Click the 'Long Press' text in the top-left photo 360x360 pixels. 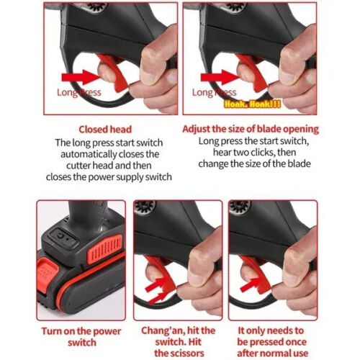coord(78,92)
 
